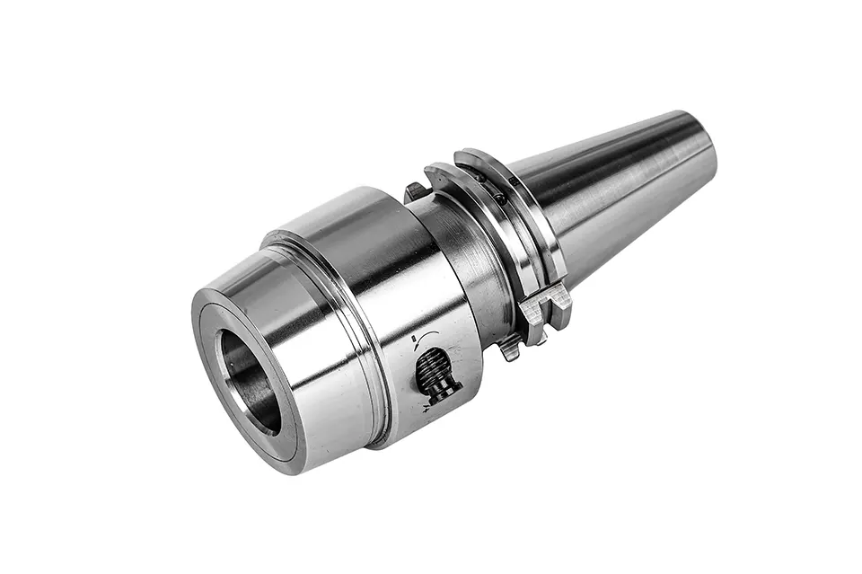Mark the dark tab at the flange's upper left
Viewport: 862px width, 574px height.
tap(414, 191)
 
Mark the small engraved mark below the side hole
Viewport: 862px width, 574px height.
tap(425, 408)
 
